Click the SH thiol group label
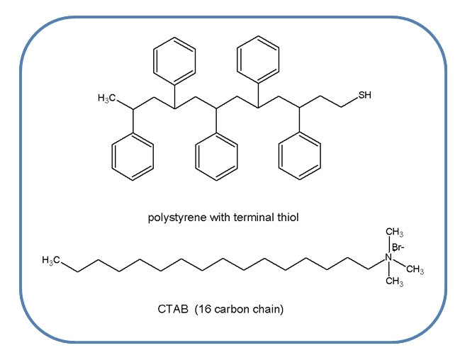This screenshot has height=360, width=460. coord(364,96)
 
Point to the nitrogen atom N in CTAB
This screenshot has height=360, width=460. coord(388,259)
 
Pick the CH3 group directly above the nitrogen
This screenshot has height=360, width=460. coord(395,233)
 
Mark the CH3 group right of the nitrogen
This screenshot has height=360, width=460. coord(415,269)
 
